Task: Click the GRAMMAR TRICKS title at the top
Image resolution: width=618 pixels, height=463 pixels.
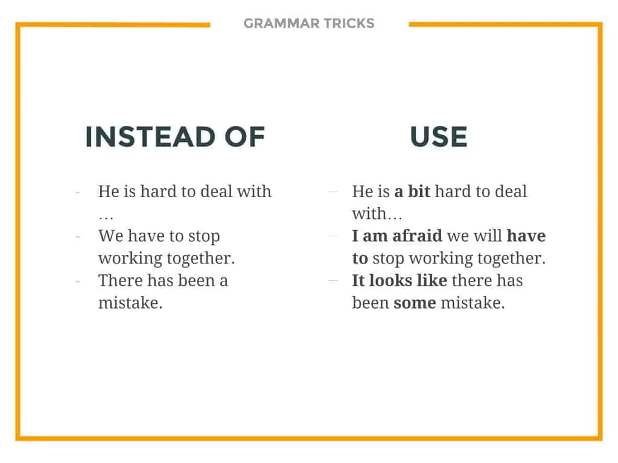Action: (x=309, y=24)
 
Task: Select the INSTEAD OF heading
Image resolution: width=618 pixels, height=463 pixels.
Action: (x=175, y=137)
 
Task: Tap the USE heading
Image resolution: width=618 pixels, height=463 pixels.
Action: (x=439, y=137)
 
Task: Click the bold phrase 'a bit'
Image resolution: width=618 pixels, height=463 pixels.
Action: (x=412, y=192)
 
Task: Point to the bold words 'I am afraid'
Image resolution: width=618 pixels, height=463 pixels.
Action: (x=397, y=236)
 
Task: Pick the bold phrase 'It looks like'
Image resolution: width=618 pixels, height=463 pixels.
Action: (x=400, y=281)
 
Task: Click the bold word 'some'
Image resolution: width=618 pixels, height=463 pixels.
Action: (x=415, y=303)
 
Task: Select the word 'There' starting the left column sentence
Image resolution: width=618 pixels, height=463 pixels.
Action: (x=120, y=281)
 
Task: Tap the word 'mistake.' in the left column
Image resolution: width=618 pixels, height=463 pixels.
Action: (x=130, y=303)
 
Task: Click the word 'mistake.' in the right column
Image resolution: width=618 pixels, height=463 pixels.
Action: (x=473, y=303)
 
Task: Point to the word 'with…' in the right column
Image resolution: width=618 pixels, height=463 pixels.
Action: (x=377, y=214)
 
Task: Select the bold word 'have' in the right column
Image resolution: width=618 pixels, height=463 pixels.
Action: (x=526, y=236)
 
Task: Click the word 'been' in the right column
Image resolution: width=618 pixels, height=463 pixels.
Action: (x=370, y=303)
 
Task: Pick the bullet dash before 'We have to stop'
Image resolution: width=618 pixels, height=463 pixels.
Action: (x=78, y=236)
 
